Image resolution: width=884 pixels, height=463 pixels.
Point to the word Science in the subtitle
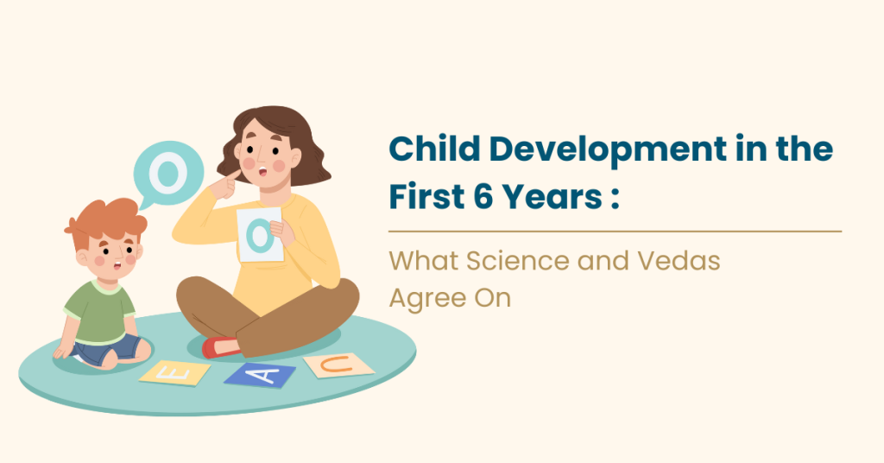pyautogui.click(x=508, y=260)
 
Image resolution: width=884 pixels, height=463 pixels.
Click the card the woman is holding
pyautogui.click(x=259, y=234)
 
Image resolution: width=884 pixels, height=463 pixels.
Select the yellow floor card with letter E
pyautogui.click(x=175, y=372)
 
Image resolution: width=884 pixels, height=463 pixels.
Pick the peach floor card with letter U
pyautogui.click(x=338, y=365)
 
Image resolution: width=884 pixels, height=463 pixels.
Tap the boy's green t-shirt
pyautogui.click(x=101, y=312)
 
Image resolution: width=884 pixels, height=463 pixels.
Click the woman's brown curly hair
pyautogui.click(x=294, y=138)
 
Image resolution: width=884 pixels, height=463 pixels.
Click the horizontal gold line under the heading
pyautogui.click(x=615, y=231)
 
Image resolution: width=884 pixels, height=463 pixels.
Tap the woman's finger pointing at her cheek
pyautogui.click(x=230, y=177)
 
